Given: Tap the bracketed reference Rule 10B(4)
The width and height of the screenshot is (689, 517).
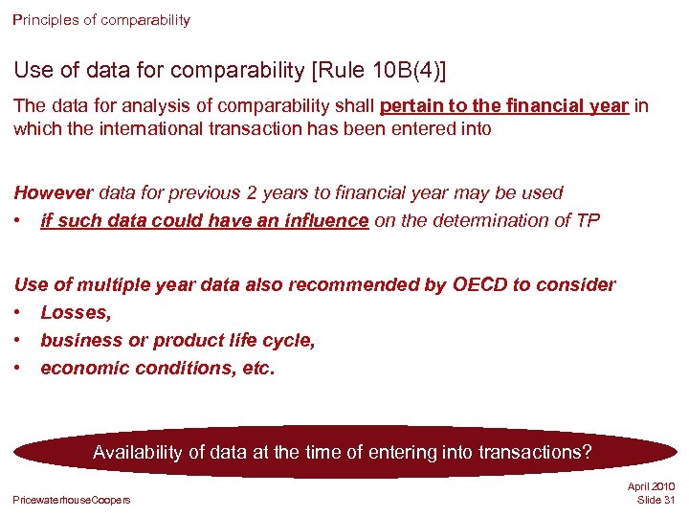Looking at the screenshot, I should click(x=388, y=70).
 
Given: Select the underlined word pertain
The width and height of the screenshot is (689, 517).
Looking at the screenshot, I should click(x=413, y=105).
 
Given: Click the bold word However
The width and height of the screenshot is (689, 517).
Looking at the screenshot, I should click(x=53, y=192).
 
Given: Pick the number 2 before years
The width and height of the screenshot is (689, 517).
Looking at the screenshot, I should click(x=252, y=192).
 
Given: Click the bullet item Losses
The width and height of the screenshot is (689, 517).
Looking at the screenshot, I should click(x=76, y=312).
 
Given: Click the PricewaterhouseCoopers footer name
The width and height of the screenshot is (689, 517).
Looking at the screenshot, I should click(x=72, y=500).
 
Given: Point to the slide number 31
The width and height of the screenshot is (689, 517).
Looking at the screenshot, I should click(x=668, y=501).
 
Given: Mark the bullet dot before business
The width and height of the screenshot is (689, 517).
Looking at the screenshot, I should click(x=18, y=340).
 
